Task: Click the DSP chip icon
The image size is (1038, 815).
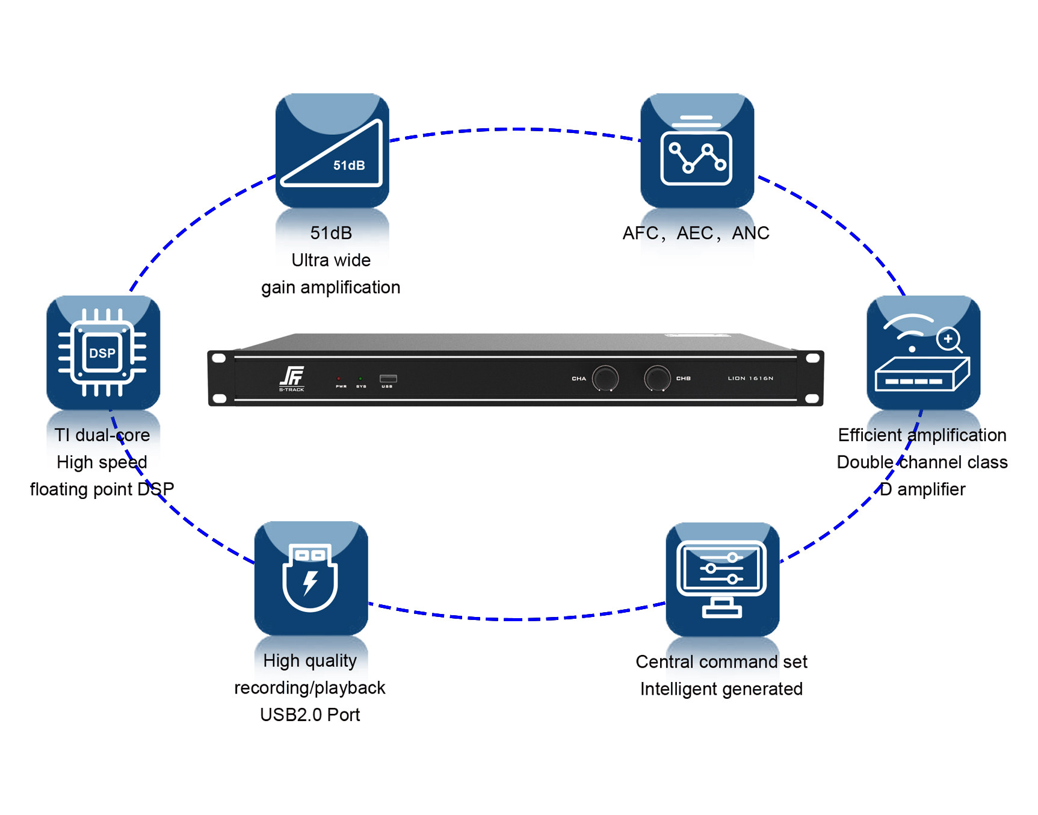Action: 103,352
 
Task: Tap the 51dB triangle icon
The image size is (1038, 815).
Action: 332,151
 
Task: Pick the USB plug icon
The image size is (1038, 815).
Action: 310,578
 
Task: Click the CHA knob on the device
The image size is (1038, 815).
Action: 605,378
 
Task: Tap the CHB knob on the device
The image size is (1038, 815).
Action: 656,378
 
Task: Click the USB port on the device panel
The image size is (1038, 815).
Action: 388,379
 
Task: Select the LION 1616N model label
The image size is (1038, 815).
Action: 750,379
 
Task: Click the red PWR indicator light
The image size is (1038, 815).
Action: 339,379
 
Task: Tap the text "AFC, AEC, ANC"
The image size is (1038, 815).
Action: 696,233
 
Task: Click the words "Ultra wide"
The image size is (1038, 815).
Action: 331,260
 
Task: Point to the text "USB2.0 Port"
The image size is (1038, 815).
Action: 310,714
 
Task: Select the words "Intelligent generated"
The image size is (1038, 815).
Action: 721,689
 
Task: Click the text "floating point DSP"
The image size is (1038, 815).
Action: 102,489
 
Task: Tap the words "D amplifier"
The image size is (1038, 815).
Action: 922,489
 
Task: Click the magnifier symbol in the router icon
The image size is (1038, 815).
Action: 949,339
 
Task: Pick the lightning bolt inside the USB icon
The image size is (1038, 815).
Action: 310,582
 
